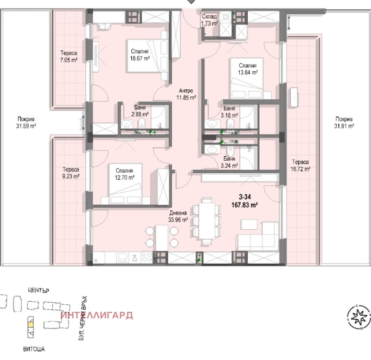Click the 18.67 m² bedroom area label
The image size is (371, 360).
coord(140,55)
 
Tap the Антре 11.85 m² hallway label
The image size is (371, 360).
coord(187,94)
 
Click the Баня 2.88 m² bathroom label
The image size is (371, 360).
coord(139,111)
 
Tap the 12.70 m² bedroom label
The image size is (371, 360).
coord(125,174)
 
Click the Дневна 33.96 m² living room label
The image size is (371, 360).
coord(178,217)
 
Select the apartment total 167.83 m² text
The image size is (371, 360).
coord(245,201)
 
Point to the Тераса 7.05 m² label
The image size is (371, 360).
coord(68,57)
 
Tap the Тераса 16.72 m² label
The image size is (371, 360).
coord(301,165)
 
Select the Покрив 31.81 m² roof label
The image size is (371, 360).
coord(345,122)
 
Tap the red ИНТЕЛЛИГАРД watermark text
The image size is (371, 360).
coord(97,316)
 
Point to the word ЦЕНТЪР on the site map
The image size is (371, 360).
coord(38,290)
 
